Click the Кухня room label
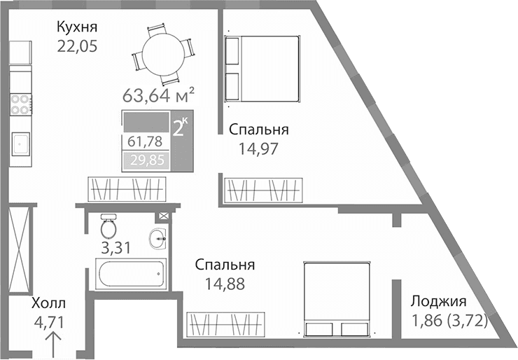click(76, 27)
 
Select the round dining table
click(162, 53)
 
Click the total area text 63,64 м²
click(157, 94)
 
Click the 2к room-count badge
click(181, 127)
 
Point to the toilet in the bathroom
click(108, 226)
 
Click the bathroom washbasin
click(158, 240)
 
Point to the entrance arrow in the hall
click(52, 345)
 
